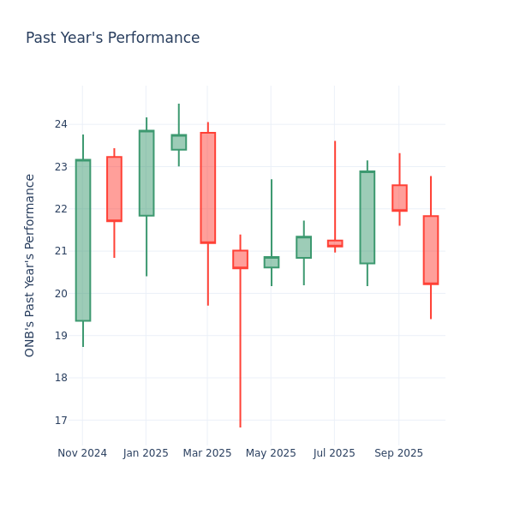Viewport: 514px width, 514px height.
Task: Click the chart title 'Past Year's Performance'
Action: pyautogui.click(x=112, y=39)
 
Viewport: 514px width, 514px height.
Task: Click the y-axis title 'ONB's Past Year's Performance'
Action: pyautogui.click(x=30, y=265)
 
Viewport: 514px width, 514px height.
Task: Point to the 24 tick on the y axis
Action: pyautogui.click(x=61, y=124)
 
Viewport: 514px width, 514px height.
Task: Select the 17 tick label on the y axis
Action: pyautogui.click(x=61, y=420)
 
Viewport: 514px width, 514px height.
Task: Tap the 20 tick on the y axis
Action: pyautogui.click(x=61, y=293)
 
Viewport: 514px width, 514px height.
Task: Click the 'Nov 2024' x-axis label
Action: pyautogui.click(x=82, y=453)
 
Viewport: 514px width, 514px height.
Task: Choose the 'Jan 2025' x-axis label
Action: pyautogui.click(x=146, y=453)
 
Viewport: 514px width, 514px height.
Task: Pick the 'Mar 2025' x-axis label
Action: pyautogui.click(x=207, y=453)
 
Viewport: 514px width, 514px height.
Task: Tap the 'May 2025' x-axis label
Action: pyautogui.click(x=272, y=453)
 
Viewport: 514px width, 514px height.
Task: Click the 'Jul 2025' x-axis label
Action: pyautogui.click(x=334, y=453)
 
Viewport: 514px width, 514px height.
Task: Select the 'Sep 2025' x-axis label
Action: pyautogui.click(x=398, y=453)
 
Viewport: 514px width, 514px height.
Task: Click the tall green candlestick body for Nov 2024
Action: pyautogui.click(x=83, y=240)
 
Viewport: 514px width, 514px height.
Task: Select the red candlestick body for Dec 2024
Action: pyautogui.click(x=114, y=188)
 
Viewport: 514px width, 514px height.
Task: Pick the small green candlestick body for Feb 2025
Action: pyautogui.click(x=178, y=142)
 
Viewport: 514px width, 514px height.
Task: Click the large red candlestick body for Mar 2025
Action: pyautogui.click(x=208, y=188)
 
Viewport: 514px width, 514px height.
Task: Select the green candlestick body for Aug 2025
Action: pyautogui.click(x=367, y=217)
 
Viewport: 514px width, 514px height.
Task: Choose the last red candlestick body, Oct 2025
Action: pyautogui.click(x=431, y=249)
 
